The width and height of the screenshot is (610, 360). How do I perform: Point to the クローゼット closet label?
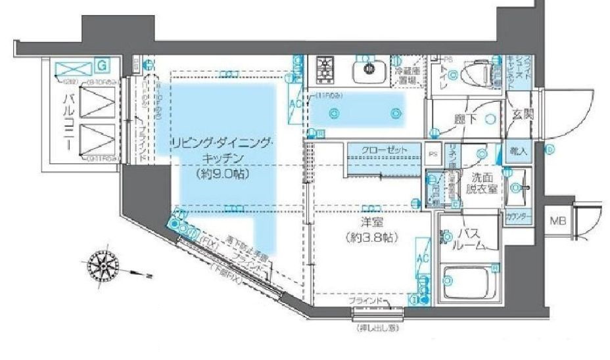381,150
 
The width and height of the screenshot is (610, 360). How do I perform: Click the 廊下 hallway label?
464,119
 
